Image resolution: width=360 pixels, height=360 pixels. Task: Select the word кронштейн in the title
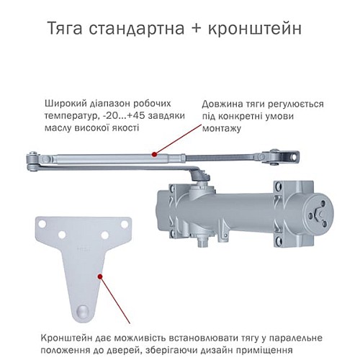(x=251, y=30)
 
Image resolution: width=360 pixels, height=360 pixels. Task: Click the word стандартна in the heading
(x=138, y=30)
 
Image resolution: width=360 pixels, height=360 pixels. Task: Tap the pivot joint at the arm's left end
(x=33, y=161)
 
